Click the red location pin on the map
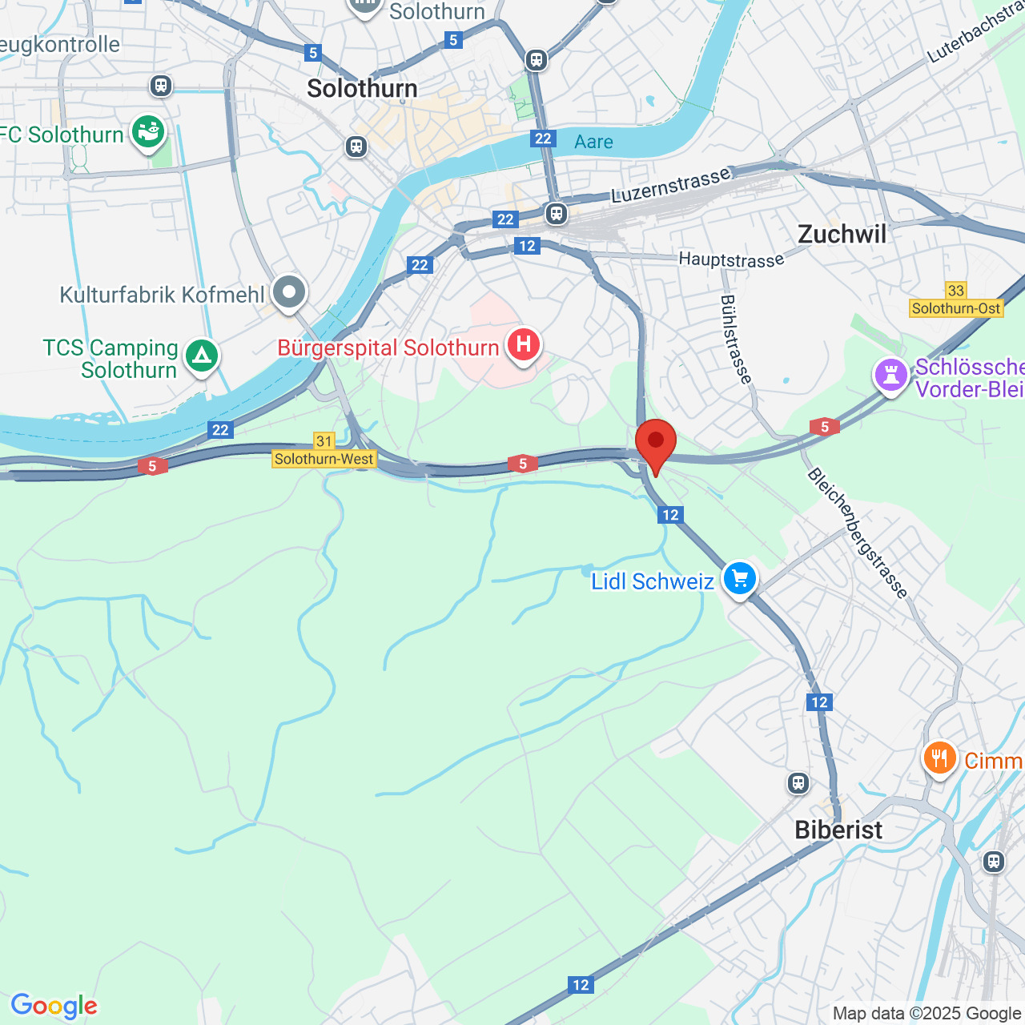click(x=656, y=443)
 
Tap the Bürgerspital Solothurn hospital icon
click(x=523, y=345)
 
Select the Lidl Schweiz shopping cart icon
click(x=739, y=578)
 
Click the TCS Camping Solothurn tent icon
click(x=201, y=355)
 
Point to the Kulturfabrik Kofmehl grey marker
click(x=289, y=292)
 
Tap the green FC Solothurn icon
click(x=148, y=131)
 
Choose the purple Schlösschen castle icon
click(x=890, y=375)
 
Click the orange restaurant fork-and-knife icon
click(x=939, y=758)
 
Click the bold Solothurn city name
click(x=362, y=89)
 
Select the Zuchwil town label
click(x=842, y=235)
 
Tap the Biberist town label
click(x=838, y=830)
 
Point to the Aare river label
click(x=593, y=143)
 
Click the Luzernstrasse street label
click(x=671, y=185)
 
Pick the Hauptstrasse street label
click(x=731, y=259)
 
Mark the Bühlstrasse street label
click(x=736, y=340)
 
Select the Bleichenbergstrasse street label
click(x=858, y=533)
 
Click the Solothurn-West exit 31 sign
click(x=324, y=451)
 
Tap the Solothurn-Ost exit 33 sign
click(x=956, y=300)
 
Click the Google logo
click(x=54, y=1005)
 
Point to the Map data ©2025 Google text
click(x=927, y=1013)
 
